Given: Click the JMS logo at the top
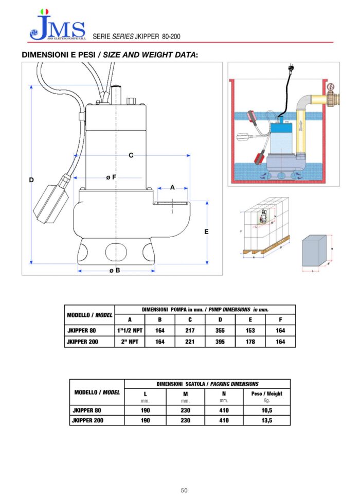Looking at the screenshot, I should (57, 26).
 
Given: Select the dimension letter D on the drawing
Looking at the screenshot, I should (31, 180).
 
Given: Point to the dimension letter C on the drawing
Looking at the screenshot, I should (131, 155).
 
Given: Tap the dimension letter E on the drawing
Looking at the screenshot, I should (206, 231).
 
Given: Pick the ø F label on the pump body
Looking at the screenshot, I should (111, 177).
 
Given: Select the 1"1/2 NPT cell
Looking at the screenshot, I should (130, 331).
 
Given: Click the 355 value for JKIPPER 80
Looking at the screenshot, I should (220, 331).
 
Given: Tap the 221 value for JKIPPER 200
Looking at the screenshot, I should (190, 342).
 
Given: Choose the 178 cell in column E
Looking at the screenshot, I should (250, 342).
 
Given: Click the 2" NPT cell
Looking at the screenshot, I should (130, 342).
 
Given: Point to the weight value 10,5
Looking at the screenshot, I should (266, 410).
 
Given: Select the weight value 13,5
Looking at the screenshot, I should (266, 420).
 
